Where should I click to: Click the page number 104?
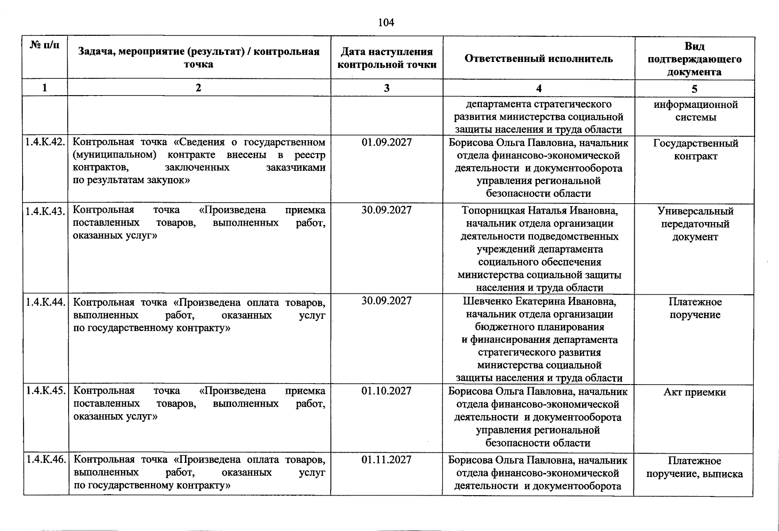(x=386, y=22)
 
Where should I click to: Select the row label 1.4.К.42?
(x=45, y=142)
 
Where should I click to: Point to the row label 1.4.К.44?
(x=45, y=302)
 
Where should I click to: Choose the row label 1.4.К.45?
(x=45, y=391)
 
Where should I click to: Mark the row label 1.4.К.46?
(x=45, y=460)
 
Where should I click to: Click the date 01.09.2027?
(x=386, y=142)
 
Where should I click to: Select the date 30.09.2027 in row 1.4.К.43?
(x=386, y=210)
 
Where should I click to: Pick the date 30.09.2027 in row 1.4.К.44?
(x=386, y=301)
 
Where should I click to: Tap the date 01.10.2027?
(x=386, y=391)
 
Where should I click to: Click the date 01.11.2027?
(x=386, y=460)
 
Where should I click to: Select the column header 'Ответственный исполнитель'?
(x=539, y=58)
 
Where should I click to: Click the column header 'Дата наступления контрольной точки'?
(x=386, y=58)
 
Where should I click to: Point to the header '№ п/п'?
(x=44, y=45)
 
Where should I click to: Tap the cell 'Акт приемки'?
(x=694, y=392)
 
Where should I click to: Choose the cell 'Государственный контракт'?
(x=695, y=150)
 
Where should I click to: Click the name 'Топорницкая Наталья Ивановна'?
(x=540, y=211)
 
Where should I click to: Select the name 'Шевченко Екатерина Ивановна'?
(x=540, y=301)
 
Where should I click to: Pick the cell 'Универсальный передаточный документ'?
(x=695, y=224)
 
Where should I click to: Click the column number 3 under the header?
(x=386, y=88)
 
